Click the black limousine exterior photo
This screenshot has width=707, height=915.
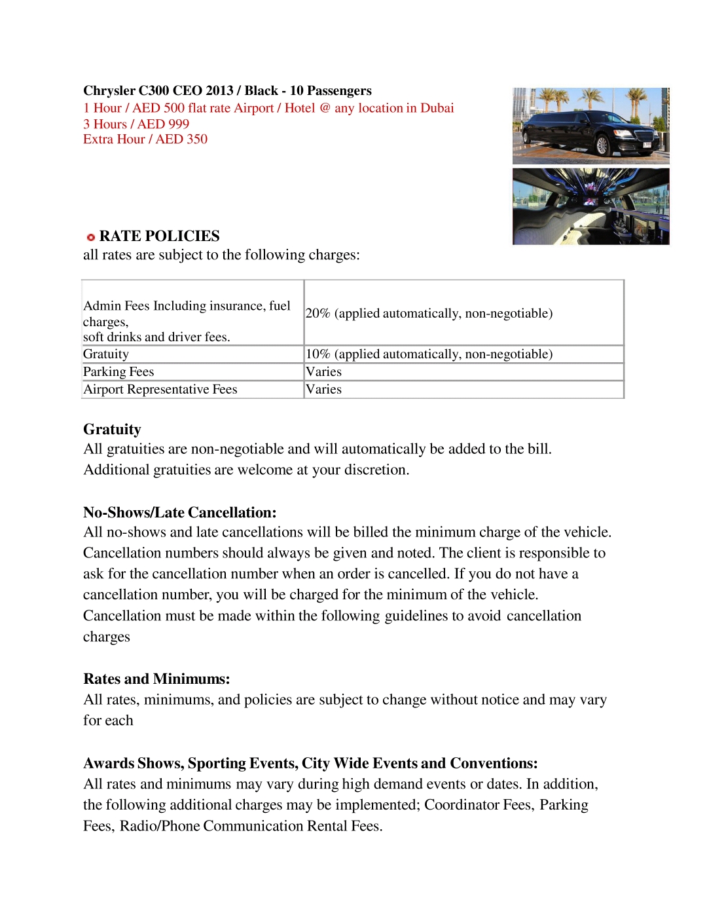[590, 126]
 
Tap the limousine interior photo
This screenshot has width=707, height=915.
[590, 206]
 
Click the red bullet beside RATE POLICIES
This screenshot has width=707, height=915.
[91, 237]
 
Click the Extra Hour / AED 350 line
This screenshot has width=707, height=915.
[145, 139]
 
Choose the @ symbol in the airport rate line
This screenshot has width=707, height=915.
[325, 108]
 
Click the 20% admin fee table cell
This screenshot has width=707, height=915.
[429, 313]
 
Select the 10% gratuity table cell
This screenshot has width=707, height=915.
[429, 354]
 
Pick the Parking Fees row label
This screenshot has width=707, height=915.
[118, 371]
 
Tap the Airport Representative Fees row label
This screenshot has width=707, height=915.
[160, 389]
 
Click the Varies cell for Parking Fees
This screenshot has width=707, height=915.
[323, 371]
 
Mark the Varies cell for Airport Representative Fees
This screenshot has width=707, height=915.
[323, 389]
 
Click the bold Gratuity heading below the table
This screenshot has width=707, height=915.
[112, 429]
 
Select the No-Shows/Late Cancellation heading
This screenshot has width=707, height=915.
[180, 512]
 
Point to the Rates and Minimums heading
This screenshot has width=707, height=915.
[156, 679]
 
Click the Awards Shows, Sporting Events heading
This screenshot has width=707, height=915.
[310, 763]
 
